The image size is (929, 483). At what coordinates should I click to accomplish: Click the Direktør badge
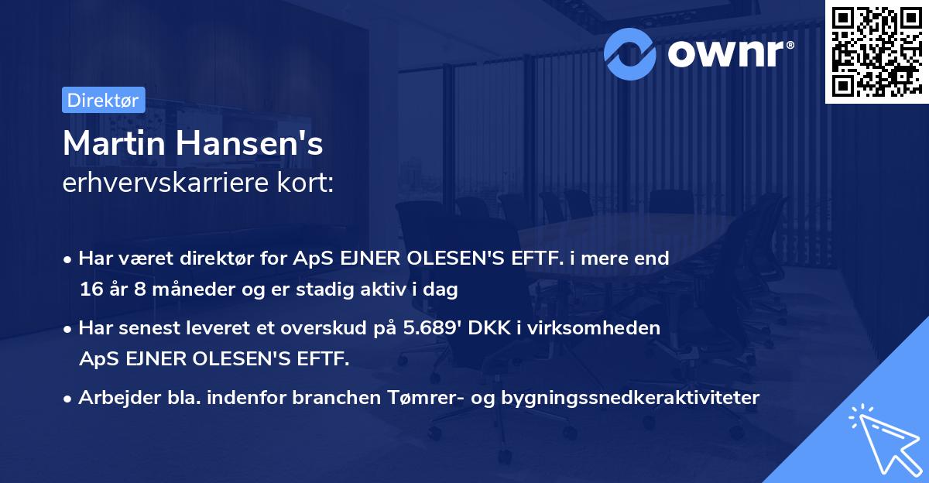pyautogui.click(x=103, y=100)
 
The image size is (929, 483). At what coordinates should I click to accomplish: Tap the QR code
pyautogui.click(x=876, y=52)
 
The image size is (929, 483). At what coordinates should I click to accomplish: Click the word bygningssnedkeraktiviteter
pyautogui.click(x=632, y=398)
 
